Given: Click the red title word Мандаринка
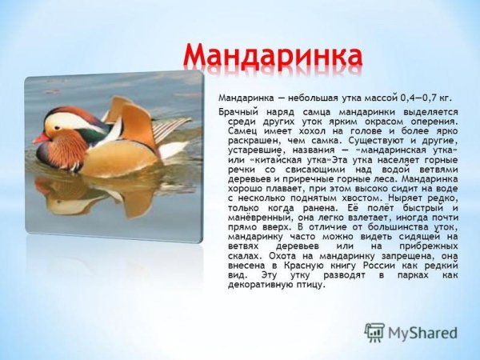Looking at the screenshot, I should (272, 55).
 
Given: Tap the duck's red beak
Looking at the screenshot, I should (40, 138).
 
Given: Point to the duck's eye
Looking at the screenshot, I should (61, 126).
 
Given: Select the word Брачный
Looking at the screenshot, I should (239, 112).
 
